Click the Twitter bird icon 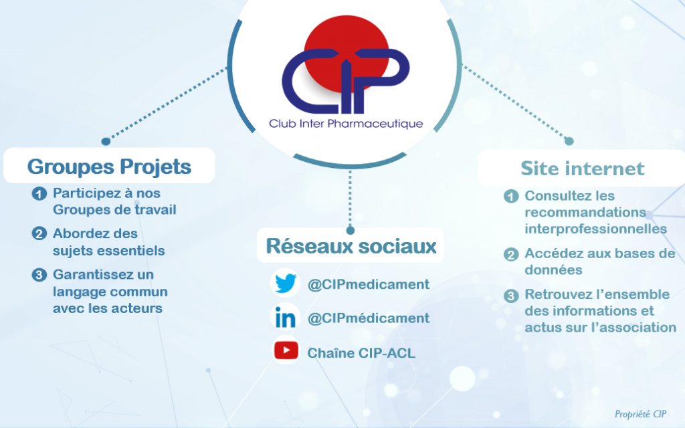[286, 283]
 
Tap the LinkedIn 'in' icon [285, 318]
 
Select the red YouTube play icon [286, 350]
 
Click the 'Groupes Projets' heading [109, 167]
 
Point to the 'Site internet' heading [583, 169]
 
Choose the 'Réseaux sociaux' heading [351, 246]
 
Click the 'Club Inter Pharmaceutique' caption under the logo [346, 124]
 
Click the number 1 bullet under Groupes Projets [39, 193]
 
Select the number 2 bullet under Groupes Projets [39, 233]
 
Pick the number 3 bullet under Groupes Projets [39, 275]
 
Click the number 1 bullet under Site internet [511, 196]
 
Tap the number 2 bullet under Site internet [511, 254]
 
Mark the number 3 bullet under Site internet [511, 295]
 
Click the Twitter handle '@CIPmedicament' [369, 284]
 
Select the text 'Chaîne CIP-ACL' [361, 352]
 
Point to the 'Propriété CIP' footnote [640, 414]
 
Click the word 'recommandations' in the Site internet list [585, 212]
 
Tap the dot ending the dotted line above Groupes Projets [106, 141]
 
